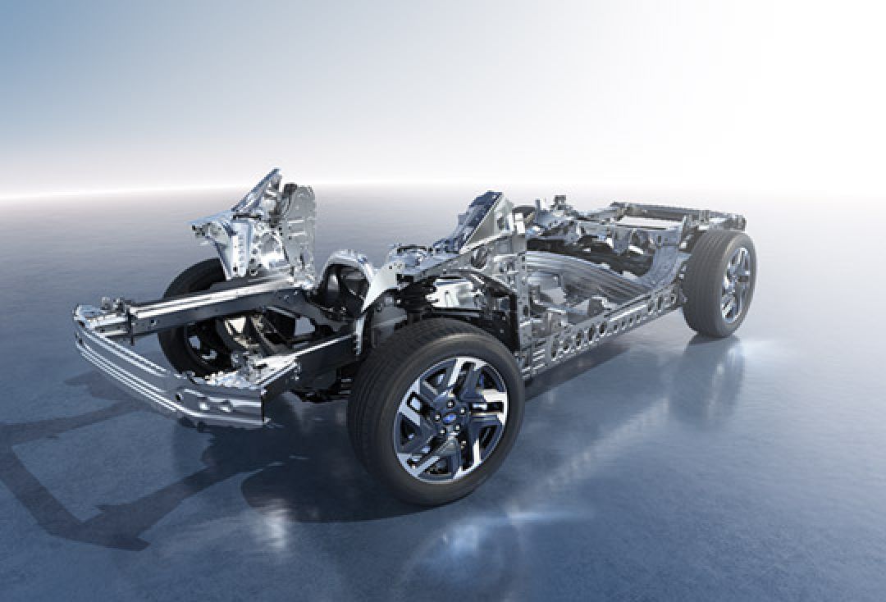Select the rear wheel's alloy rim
tap(734, 284)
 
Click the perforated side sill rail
tap(607, 328)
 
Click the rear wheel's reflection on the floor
tap(706, 385)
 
